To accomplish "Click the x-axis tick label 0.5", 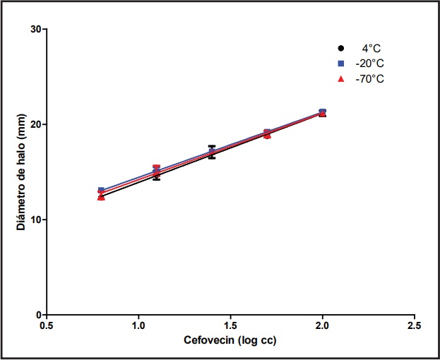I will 47,326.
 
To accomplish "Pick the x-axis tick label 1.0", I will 138,326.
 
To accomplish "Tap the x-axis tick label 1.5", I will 230,326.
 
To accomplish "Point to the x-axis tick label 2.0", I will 323,326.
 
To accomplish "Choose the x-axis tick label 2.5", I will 415,326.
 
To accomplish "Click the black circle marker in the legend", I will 340,49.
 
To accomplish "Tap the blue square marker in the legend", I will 340,64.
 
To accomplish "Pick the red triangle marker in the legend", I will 340,78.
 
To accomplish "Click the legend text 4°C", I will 371,49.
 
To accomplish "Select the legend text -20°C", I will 370,64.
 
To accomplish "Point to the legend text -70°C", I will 370,78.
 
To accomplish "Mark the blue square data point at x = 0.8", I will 101,190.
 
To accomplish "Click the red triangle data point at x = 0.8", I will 101,198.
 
